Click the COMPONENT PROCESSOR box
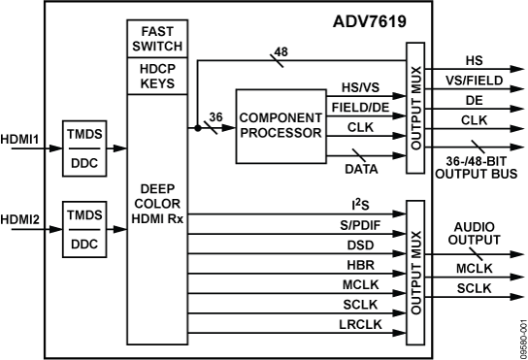coord(279,126)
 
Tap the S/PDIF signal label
coord(359,225)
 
